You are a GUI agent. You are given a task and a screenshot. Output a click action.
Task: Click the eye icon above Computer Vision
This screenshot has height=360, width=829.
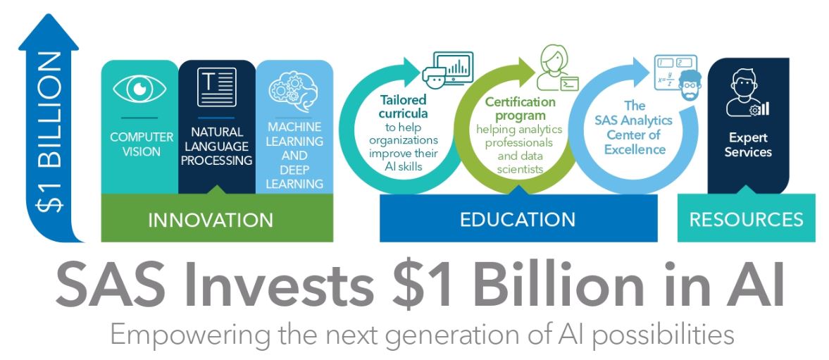(x=139, y=88)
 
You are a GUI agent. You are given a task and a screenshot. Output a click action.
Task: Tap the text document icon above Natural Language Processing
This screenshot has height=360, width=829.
(x=217, y=87)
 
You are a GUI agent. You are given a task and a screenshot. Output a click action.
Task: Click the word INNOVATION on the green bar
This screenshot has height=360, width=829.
(x=211, y=220)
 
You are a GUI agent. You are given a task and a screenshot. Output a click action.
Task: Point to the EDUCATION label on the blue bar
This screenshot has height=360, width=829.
(x=518, y=219)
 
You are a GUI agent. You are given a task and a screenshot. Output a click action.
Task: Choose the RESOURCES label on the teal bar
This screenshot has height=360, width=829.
(x=746, y=219)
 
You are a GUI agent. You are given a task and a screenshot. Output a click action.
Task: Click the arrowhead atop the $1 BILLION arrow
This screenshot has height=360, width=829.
(x=49, y=32)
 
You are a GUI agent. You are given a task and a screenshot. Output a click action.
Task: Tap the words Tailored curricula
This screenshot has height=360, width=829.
(x=404, y=106)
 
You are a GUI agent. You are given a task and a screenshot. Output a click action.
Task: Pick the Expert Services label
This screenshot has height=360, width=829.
(x=748, y=145)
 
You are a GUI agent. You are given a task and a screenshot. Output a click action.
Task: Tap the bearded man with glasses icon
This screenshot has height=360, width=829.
(x=690, y=85)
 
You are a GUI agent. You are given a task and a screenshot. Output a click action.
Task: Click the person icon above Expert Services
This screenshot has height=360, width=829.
(x=746, y=93)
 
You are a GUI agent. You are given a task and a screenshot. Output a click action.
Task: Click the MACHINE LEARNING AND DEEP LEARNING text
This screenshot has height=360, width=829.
(x=294, y=156)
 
